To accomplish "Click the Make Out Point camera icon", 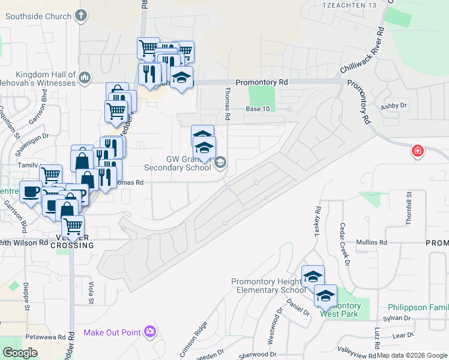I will click(x=149, y=331).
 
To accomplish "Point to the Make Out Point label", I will click(x=112, y=332).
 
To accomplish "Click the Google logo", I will click(x=20, y=352).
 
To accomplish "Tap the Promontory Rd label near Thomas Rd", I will click(x=262, y=82).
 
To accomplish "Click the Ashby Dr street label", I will click(x=394, y=106).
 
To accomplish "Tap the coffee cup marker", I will click(x=31, y=191).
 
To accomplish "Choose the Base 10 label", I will click(x=258, y=109).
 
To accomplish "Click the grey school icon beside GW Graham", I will click(x=220, y=162).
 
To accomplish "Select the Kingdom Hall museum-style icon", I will click(x=84, y=77).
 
